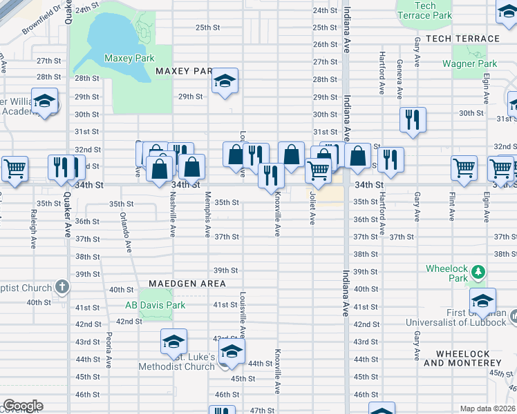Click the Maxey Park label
point(129,59)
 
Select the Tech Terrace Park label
point(424,10)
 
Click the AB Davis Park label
point(155,305)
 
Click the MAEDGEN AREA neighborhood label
point(187,284)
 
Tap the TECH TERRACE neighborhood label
point(462,39)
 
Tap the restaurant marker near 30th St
point(413,119)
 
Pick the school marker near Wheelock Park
point(482,301)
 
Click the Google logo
point(23,406)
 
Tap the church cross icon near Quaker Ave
point(62,286)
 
